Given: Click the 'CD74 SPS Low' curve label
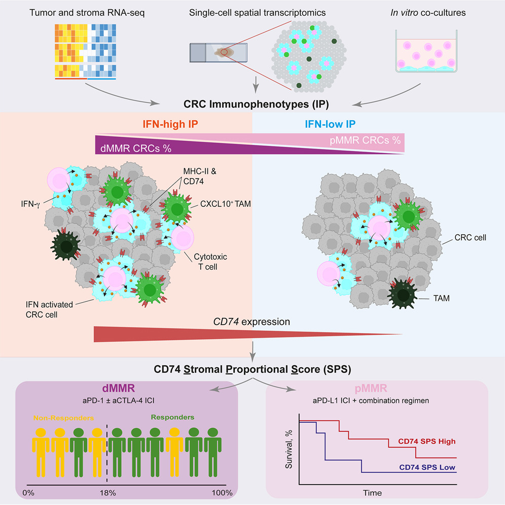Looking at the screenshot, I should pos(425,466).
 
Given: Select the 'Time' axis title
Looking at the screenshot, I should pos(372,492).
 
